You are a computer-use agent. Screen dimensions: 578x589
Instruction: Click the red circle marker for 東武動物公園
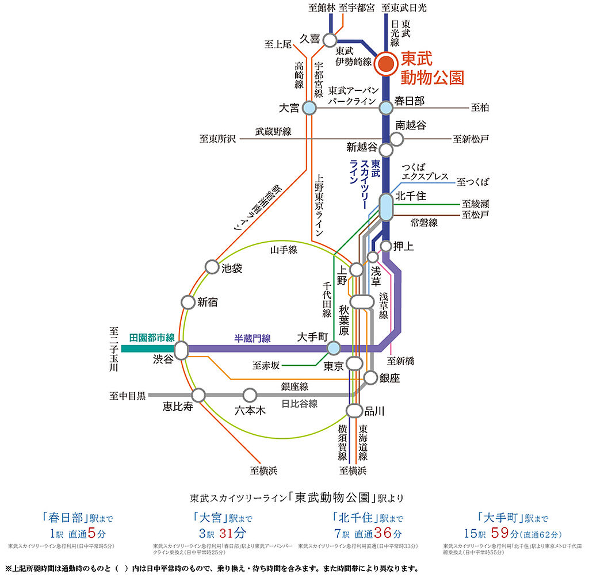pyautogui.click(x=386, y=63)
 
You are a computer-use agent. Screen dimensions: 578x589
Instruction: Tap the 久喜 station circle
pyautogui.click(x=330, y=40)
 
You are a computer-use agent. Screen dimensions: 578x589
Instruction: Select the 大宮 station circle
pyautogui.click(x=309, y=108)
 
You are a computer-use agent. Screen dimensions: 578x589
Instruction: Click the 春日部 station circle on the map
pyautogui.click(x=386, y=107)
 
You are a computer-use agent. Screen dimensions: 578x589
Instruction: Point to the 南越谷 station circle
pyautogui.click(x=397, y=139)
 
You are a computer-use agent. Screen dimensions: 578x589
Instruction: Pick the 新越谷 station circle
pyautogui.click(x=386, y=150)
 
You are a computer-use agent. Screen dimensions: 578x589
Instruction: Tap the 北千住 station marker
pyautogui.click(x=386, y=206)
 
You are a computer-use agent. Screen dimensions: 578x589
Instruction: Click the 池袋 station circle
pyautogui.click(x=211, y=267)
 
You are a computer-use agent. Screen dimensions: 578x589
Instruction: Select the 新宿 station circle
pyautogui.click(x=188, y=301)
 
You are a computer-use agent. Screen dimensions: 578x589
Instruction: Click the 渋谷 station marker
pyautogui.click(x=181, y=349)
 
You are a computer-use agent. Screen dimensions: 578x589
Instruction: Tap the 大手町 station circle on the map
pyautogui.click(x=334, y=348)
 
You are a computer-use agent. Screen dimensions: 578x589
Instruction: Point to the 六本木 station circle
pyautogui.click(x=250, y=395)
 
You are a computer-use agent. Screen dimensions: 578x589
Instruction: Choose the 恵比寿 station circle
pyautogui.click(x=198, y=395)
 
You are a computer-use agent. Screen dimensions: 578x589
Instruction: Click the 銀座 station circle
pyautogui.click(x=371, y=377)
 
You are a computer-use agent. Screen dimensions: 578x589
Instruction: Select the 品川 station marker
pyautogui.click(x=354, y=410)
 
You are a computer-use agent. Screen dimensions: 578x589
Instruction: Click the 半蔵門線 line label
pyautogui.click(x=253, y=339)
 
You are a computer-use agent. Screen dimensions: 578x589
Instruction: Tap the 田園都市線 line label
pyautogui.click(x=152, y=338)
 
